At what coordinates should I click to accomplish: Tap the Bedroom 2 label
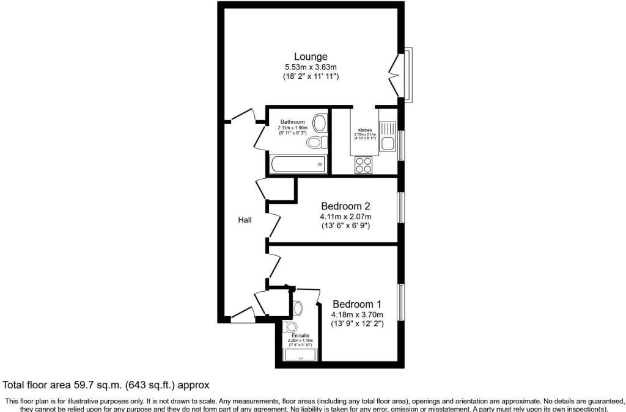[346, 206]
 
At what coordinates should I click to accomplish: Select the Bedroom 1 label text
[357, 304]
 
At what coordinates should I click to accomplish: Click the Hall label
[245, 220]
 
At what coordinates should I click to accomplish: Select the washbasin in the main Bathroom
[320, 124]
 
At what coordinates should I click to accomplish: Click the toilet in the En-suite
[291, 327]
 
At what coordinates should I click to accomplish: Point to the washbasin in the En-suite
[298, 306]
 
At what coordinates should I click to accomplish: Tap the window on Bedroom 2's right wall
[400, 208]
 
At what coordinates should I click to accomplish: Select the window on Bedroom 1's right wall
[400, 302]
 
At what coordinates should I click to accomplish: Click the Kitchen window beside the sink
[400, 145]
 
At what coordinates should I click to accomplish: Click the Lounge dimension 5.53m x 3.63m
[311, 67]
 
